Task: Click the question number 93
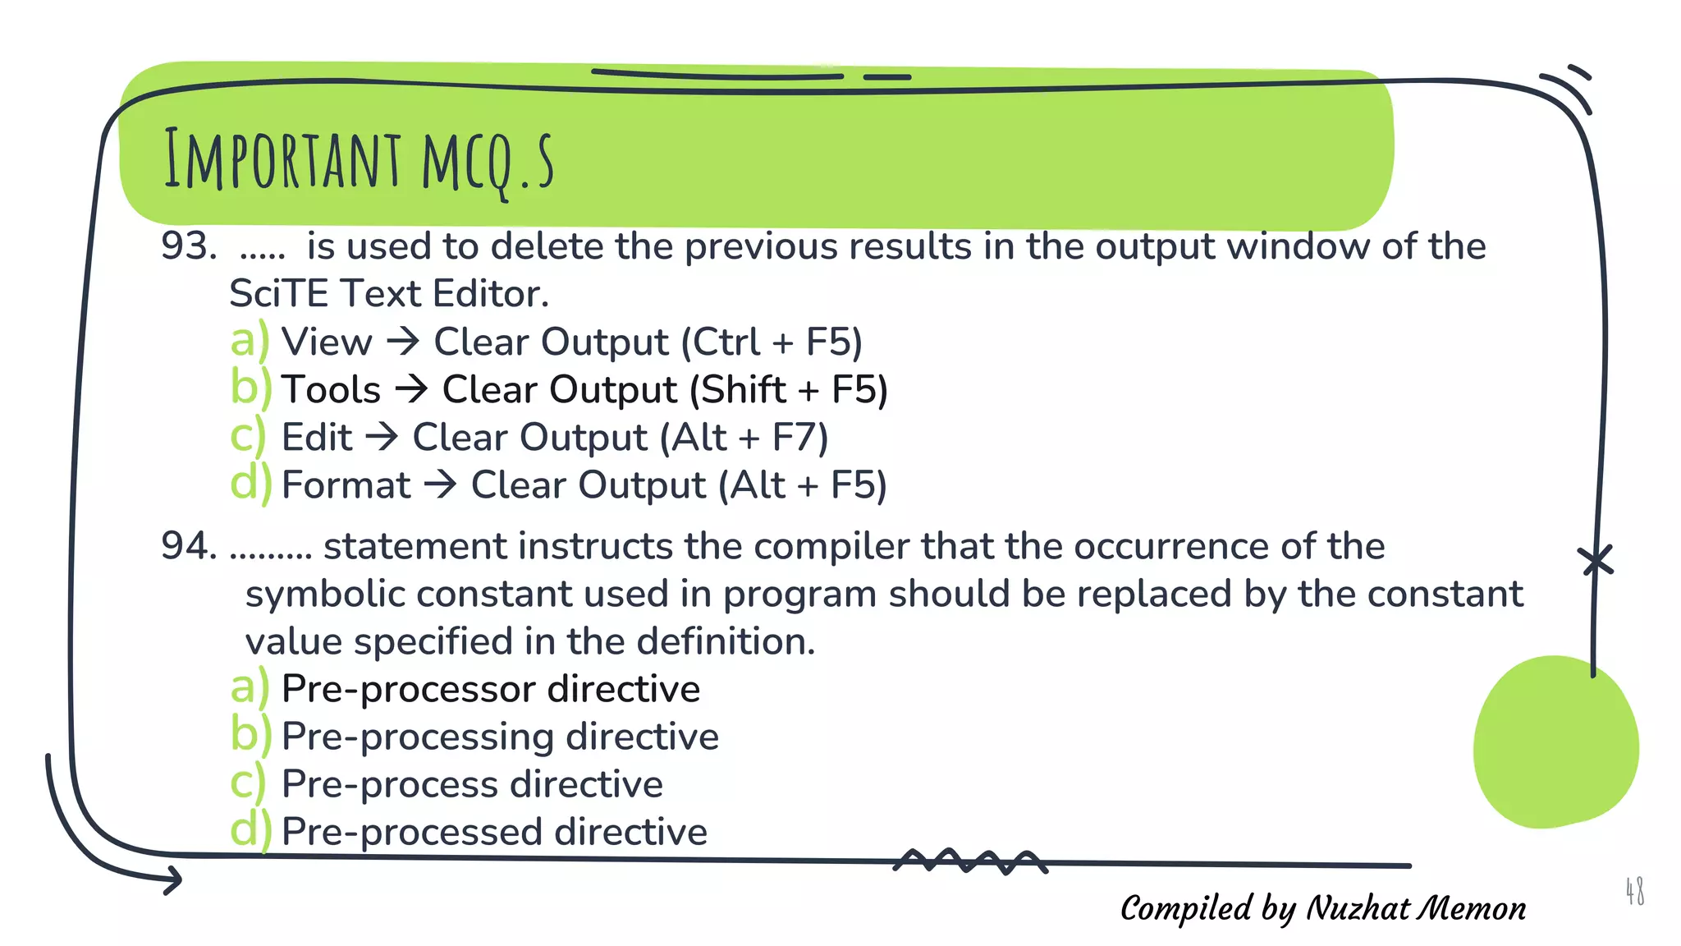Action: [x=188, y=246]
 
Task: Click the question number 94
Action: [x=188, y=546]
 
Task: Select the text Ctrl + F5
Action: [x=772, y=342]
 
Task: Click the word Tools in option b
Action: [x=331, y=390]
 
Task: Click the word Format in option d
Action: [x=346, y=485]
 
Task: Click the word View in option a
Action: [x=326, y=342]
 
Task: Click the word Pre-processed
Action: [x=412, y=833]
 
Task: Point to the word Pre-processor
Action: [x=408, y=690]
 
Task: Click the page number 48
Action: [x=1634, y=891]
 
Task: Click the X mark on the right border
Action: [x=1596, y=562]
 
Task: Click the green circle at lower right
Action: [x=1554, y=743]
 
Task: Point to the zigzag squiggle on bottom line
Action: [x=970, y=861]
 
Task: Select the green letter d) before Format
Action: [x=249, y=484]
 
